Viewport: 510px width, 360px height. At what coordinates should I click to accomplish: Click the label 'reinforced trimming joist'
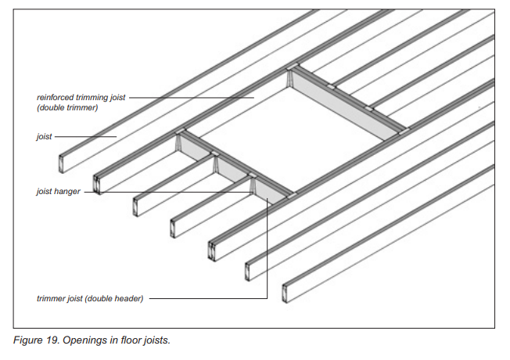[81, 97]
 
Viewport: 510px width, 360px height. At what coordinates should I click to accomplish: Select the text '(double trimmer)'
[67, 107]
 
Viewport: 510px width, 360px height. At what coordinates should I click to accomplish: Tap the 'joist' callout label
[44, 136]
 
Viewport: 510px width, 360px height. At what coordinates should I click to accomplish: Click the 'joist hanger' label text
[58, 191]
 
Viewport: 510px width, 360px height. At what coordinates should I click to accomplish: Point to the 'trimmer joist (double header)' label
[90, 298]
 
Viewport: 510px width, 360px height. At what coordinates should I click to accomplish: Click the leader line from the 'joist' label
[85, 137]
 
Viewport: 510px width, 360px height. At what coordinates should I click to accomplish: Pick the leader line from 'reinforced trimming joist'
[192, 97]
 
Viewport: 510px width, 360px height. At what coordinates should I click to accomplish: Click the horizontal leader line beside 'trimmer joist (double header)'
[208, 298]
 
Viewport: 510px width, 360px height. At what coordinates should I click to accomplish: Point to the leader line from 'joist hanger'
[169, 192]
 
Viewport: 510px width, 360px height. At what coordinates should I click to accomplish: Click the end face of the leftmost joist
[61, 164]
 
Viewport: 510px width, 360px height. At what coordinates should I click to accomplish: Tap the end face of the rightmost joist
[285, 293]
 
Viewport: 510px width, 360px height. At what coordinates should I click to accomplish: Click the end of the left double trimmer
[97, 185]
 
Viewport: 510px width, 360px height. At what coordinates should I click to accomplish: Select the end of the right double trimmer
[213, 251]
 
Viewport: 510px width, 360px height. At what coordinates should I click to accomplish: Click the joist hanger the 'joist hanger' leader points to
[253, 185]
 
